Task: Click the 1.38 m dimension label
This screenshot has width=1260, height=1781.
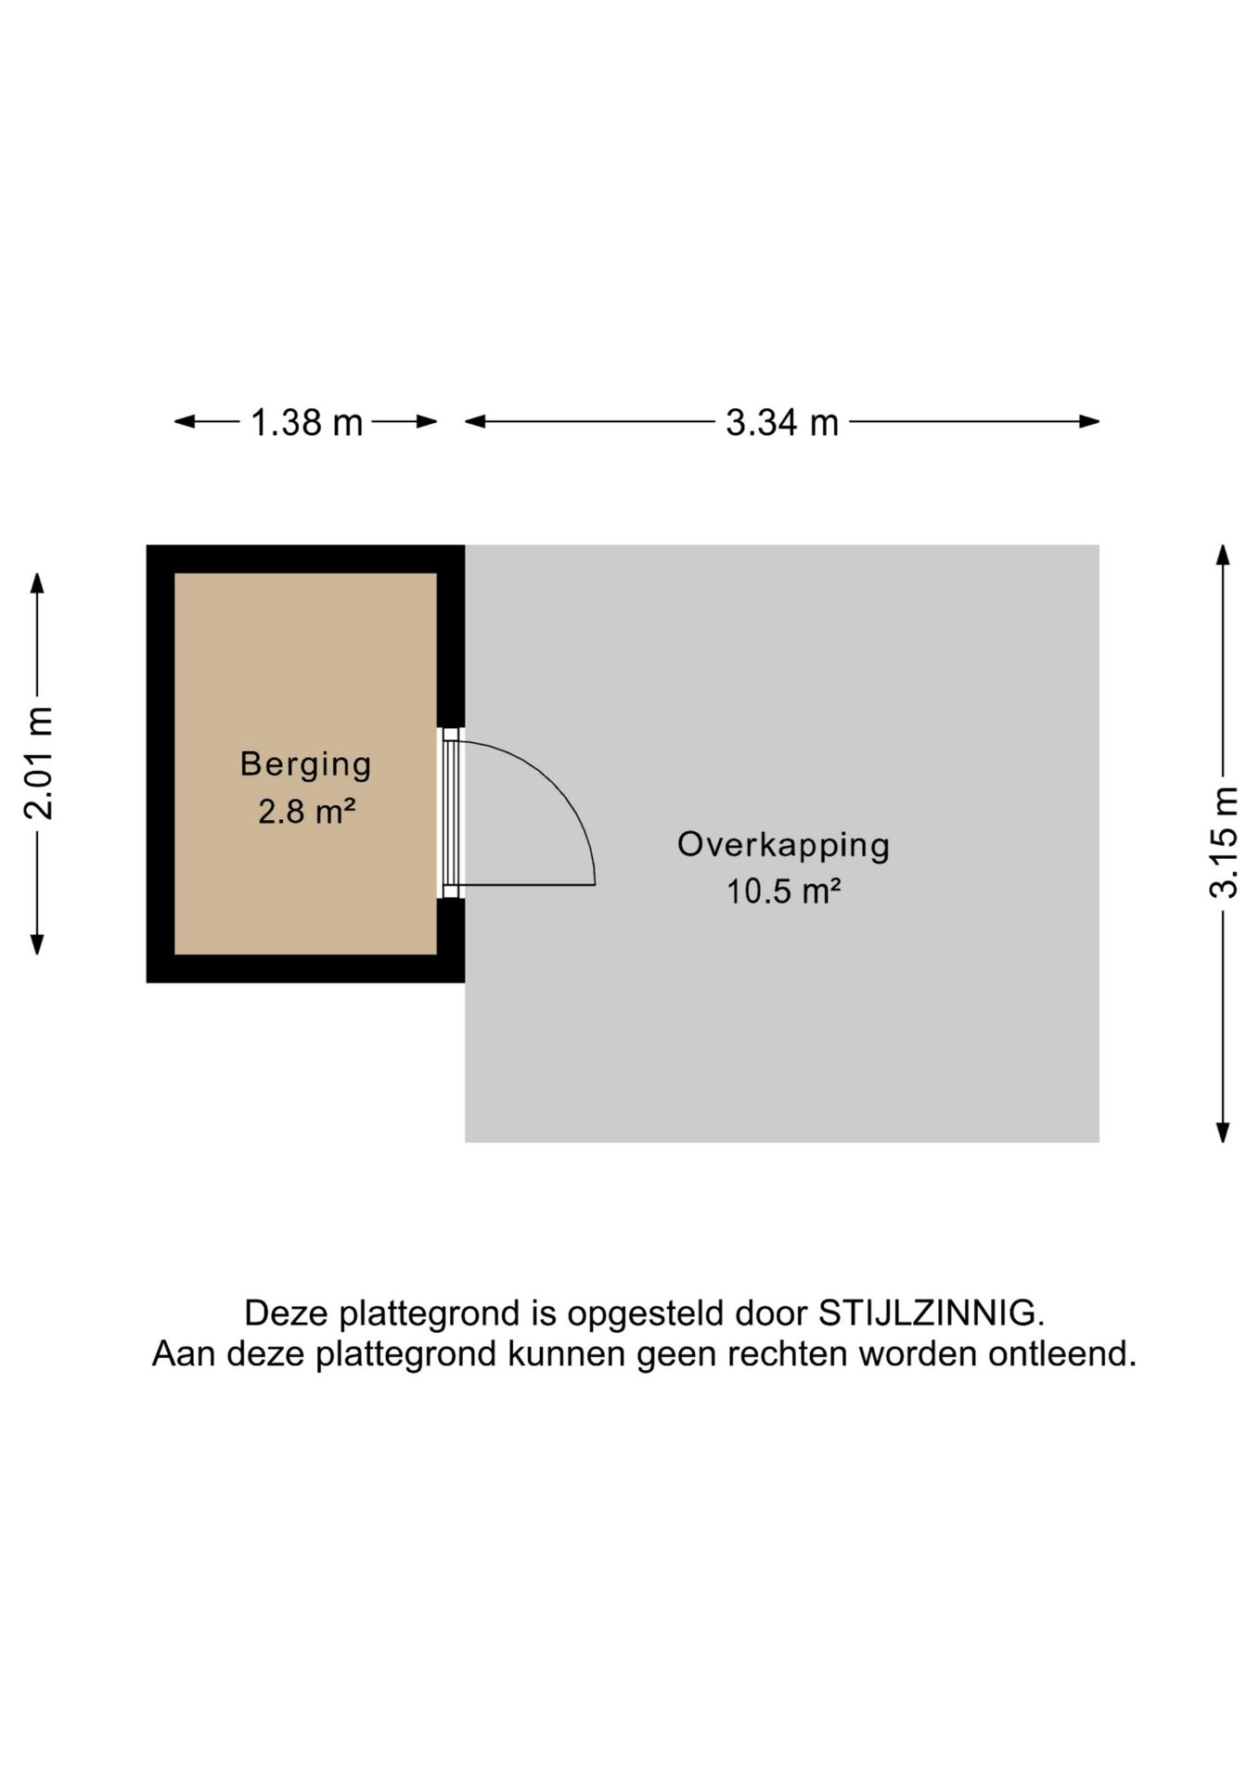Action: click(x=306, y=423)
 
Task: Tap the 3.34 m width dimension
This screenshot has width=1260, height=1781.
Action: click(x=782, y=423)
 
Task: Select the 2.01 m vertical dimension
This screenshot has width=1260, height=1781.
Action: click(x=38, y=762)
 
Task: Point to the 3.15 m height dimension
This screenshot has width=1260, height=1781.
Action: click(x=1224, y=842)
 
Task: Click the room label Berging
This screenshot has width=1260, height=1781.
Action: click(x=306, y=764)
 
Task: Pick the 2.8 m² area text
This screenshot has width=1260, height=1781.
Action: click(x=307, y=812)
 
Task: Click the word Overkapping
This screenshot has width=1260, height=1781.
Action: click(x=783, y=845)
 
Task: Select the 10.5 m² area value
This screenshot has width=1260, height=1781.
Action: click(x=783, y=891)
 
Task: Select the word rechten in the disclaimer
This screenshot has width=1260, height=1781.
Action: click(x=788, y=1354)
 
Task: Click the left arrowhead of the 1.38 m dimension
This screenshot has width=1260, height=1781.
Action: click(x=185, y=422)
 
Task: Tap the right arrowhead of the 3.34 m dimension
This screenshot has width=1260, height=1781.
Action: click(x=1089, y=422)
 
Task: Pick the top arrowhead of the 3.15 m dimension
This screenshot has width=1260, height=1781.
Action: click(x=1224, y=556)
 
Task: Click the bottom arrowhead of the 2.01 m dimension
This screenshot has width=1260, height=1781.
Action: click(x=37, y=944)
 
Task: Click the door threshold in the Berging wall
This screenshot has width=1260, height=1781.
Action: click(x=451, y=814)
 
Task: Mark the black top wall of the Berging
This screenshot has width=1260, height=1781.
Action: click(x=305, y=559)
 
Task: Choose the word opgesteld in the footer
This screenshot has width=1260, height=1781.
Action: click(x=646, y=1314)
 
